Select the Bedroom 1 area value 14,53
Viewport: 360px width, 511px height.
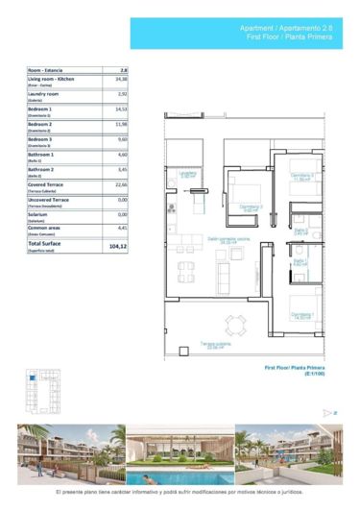tap(122, 109)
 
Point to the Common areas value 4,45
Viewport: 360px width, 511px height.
tap(122, 228)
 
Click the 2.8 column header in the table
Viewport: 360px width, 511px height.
tap(124, 70)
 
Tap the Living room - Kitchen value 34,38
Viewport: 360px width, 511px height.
tap(122, 80)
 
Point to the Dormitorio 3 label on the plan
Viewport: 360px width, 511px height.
tap(302, 176)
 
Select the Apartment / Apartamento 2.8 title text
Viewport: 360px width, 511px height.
tap(287, 30)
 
